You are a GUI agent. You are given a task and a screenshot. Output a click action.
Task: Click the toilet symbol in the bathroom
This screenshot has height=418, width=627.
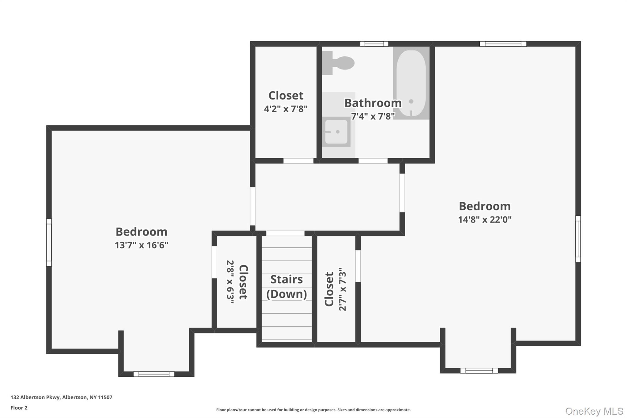tap(339, 63)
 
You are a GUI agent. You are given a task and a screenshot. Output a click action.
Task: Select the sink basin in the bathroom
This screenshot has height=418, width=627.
tap(336, 132)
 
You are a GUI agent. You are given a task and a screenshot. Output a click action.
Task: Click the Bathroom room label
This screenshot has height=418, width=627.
tap(373, 103)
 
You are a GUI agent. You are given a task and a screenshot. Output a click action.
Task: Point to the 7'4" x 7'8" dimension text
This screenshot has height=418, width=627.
tap(373, 116)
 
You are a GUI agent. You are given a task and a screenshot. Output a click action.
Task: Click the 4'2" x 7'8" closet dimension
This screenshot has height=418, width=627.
tap(286, 109)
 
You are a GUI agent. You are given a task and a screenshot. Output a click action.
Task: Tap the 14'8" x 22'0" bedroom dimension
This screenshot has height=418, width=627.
tap(485, 220)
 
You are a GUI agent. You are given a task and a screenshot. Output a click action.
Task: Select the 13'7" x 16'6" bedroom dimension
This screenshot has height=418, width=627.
tap(141, 245)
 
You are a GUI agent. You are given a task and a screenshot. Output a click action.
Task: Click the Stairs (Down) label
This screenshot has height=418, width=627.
tap(287, 286)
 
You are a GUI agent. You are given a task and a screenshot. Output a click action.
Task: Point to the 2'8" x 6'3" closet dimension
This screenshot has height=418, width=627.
tap(230, 282)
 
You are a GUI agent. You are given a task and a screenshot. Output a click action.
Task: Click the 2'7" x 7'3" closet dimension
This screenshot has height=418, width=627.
tap(343, 289)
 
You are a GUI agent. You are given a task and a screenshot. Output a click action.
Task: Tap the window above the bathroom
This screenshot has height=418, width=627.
tap(374, 44)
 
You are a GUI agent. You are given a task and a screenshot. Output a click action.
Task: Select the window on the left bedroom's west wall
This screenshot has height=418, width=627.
tap(49, 242)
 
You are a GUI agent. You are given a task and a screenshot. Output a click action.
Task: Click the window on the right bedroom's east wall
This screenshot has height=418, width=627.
tap(578, 239)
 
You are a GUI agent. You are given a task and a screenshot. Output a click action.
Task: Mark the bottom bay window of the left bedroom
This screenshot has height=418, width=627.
tap(154, 374)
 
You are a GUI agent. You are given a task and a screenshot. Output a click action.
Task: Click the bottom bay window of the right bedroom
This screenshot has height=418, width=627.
tap(479, 371)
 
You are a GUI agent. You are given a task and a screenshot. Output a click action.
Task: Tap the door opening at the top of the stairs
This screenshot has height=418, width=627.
tap(285, 233)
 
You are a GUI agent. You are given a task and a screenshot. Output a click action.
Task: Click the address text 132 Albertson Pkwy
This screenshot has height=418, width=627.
tap(61, 397)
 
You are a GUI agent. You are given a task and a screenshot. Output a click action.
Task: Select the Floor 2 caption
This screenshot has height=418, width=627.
tap(19, 408)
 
